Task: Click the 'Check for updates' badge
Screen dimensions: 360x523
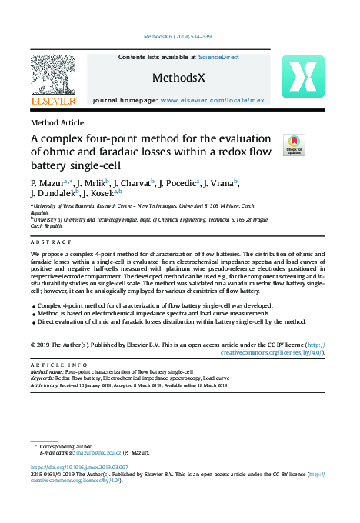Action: point(294,145)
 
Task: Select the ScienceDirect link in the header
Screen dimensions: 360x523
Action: point(218,57)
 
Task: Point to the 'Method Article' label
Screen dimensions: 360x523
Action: point(57,122)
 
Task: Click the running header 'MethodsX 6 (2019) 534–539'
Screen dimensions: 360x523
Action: point(178,37)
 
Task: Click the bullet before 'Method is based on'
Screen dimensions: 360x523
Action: point(33,314)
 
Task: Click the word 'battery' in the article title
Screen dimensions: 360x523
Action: point(54,165)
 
